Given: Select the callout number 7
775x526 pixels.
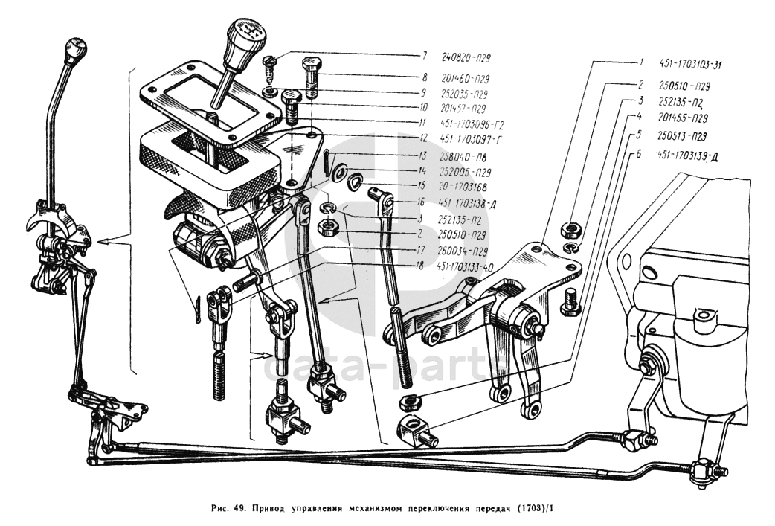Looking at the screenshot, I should [425, 56].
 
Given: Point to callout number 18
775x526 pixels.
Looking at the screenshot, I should [420, 265].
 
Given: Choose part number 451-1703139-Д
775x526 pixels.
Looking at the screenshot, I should [688, 155].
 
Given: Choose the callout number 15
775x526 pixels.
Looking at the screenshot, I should [420, 186].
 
